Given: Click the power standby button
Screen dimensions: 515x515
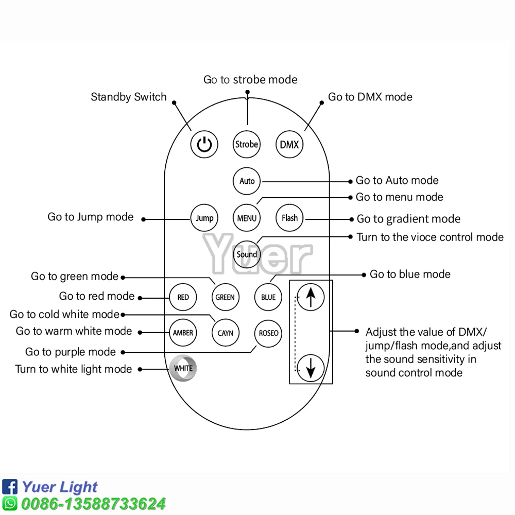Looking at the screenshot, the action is click(204, 144).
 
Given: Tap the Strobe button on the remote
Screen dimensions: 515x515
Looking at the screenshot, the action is click(247, 144).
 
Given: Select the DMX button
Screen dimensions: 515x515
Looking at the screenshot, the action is click(289, 144).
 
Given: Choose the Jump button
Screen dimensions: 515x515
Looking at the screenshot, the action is click(204, 218).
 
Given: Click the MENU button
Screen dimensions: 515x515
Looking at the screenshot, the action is click(247, 218).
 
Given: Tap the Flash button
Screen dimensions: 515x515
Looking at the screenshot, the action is click(289, 218).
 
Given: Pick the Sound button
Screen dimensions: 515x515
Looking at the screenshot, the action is click(247, 254).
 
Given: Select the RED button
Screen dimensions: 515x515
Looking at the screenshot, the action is click(183, 297).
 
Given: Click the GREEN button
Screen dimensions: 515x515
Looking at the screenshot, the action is click(225, 297).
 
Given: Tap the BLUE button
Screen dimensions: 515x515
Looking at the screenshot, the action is click(268, 297).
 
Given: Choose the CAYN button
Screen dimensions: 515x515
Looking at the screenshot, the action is click(225, 333).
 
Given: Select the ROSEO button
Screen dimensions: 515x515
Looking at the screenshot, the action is click(268, 333).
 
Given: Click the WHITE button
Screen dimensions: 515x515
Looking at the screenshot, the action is click(183, 368).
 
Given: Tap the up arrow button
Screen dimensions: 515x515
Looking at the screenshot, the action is click(311, 297).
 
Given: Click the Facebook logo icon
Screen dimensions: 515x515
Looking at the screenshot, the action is click(10, 487).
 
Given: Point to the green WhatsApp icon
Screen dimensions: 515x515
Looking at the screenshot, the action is click(10, 503).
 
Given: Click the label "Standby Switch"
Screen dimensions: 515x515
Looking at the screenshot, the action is click(129, 97).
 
